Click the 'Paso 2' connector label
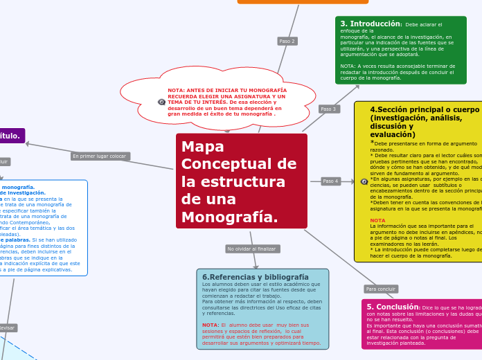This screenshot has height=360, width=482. (x=287, y=42)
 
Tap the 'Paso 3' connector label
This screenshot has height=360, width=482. (x=329, y=109)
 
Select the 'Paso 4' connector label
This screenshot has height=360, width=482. (x=331, y=181)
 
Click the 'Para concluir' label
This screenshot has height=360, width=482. (x=381, y=289)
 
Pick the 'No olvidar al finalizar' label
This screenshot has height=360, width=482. (x=252, y=249)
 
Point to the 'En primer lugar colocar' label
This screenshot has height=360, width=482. (x=100, y=156)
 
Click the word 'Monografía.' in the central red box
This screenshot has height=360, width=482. (x=229, y=217)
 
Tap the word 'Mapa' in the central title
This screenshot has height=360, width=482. (x=198, y=147)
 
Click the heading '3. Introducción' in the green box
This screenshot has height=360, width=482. (x=371, y=24)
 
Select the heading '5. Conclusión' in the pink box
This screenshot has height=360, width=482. (x=393, y=307)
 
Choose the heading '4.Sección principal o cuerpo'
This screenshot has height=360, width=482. (x=425, y=109)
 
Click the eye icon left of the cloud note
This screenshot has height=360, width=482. (x=161, y=102)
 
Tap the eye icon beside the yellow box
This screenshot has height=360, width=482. (x=364, y=181)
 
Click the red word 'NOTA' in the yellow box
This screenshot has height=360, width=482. (x=377, y=220)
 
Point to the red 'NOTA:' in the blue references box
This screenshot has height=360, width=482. (x=211, y=325)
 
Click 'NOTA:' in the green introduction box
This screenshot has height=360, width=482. (x=348, y=66)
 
